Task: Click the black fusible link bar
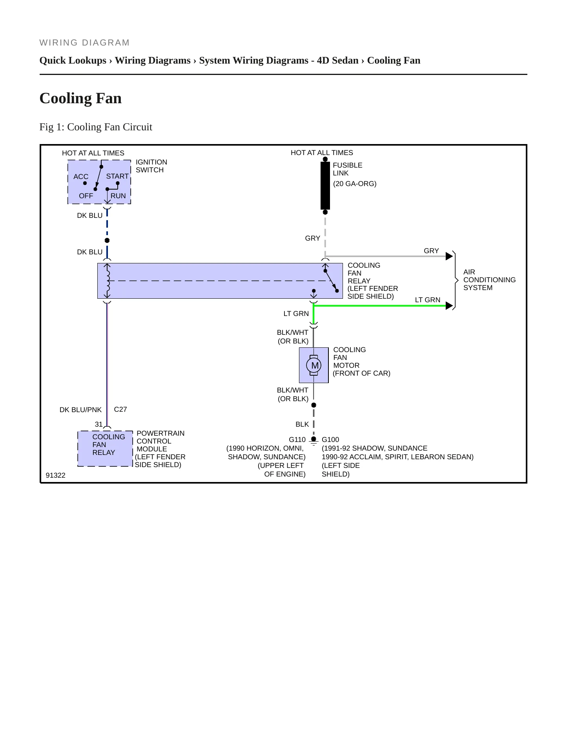click(325, 186)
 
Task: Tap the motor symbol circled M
click(314, 365)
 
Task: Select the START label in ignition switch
click(117, 176)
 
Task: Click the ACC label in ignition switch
click(81, 177)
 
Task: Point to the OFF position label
click(86, 196)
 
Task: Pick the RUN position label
click(118, 196)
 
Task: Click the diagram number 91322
click(56, 475)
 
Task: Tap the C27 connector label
click(120, 409)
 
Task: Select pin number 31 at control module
click(98, 424)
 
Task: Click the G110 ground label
click(297, 440)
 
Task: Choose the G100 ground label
click(330, 440)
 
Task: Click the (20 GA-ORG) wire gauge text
click(355, 184)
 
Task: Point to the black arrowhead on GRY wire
click(449, 256)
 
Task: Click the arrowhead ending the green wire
click(449, 306)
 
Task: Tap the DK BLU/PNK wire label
click(80, 410)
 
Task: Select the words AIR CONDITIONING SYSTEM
click(489, 280)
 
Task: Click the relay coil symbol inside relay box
click(108, 281)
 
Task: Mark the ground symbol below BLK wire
click(314, 440)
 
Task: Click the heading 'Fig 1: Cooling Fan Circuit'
click(96, 127)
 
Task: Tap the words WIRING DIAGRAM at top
click(84, 42)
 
